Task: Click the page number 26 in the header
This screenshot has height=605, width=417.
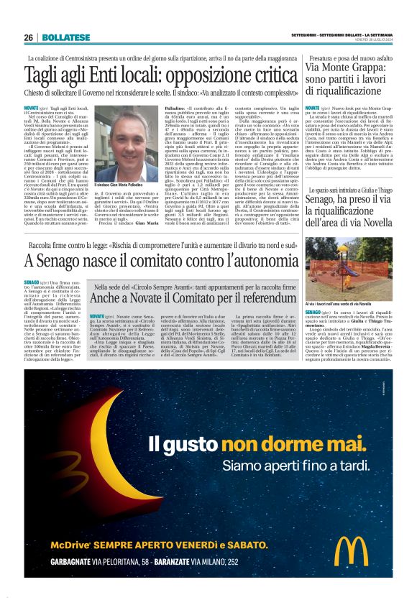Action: tap(28, 37)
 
